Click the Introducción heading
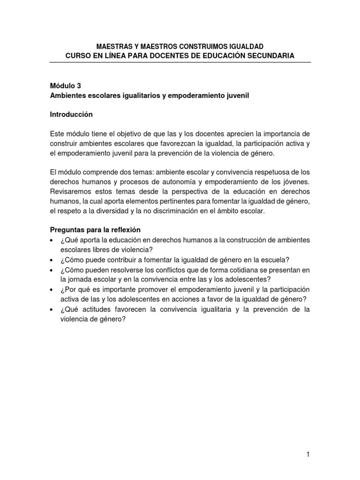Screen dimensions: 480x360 [71, 114]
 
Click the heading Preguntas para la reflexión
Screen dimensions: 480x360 [95, 230]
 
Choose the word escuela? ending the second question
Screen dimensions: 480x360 [274, 260]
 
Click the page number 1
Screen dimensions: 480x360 [308, 454]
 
